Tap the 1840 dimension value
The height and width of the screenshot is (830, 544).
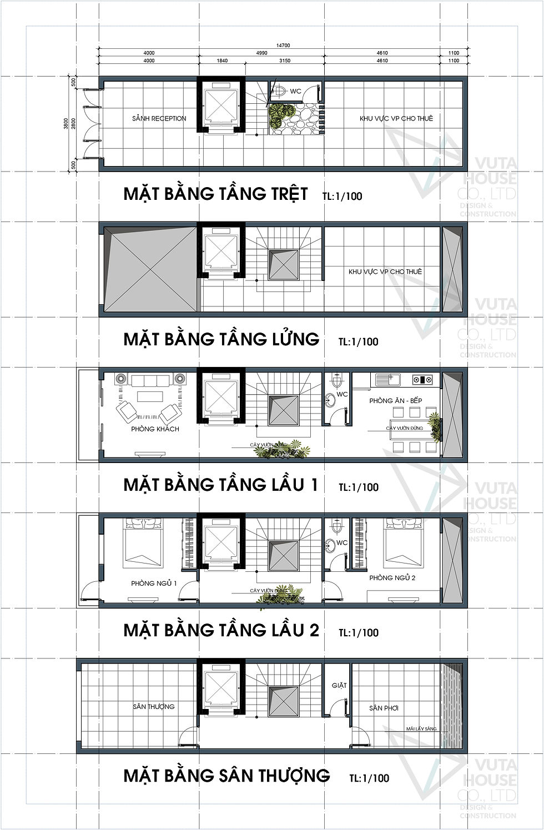coord(221,61)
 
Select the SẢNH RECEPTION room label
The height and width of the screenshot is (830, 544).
coord(159,118)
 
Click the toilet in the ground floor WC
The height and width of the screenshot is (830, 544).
coord(281,90)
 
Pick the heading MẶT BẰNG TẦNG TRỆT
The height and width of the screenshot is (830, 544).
coord(215,194)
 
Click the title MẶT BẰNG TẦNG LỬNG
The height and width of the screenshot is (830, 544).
coord(221,339)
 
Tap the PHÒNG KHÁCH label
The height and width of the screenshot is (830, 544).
coord(155,429)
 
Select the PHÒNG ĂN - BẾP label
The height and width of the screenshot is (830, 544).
coord(396,400)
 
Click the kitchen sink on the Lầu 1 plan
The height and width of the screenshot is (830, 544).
coord(391,380)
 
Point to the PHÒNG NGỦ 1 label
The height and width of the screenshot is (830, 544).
coord(154,583)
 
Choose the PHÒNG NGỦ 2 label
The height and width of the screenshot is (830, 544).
coord(392,577)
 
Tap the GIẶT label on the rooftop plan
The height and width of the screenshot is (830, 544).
coord(339,685)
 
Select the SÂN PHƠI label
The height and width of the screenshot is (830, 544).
coord(384,708)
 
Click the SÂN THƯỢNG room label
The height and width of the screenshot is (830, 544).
coord(154,707)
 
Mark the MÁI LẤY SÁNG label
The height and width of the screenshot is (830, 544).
coord(421,728)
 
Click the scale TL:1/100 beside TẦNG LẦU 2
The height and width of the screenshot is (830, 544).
coord(359,632)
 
